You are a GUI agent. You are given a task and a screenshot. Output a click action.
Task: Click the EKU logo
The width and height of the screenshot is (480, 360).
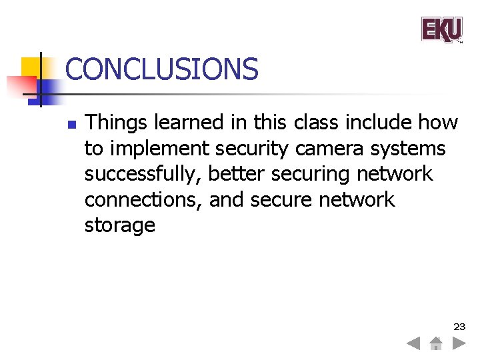pyautogui.click(x=441, y=30)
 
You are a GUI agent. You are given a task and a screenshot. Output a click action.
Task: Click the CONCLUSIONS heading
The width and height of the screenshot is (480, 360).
pyautogui.click(x=161, y=69)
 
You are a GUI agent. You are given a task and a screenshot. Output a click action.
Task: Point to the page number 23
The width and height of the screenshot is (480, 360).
pyautogui.click(x=459, y=327)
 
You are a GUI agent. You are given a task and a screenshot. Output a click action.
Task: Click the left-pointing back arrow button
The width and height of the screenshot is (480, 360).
pyautogui.click(x=413, y=344)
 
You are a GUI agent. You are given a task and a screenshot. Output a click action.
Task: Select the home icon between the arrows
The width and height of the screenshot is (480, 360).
pyautogui.click(x=435, y=344)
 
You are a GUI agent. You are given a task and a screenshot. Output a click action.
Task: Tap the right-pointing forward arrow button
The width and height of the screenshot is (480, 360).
pyautogui.click(x=459, y=344)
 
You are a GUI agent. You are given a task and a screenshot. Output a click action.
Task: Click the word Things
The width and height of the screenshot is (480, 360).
pyautogui.click(x=117, y=123)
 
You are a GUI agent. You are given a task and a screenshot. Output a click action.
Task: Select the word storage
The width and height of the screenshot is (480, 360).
pyautogui.click(x=119, y=225)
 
